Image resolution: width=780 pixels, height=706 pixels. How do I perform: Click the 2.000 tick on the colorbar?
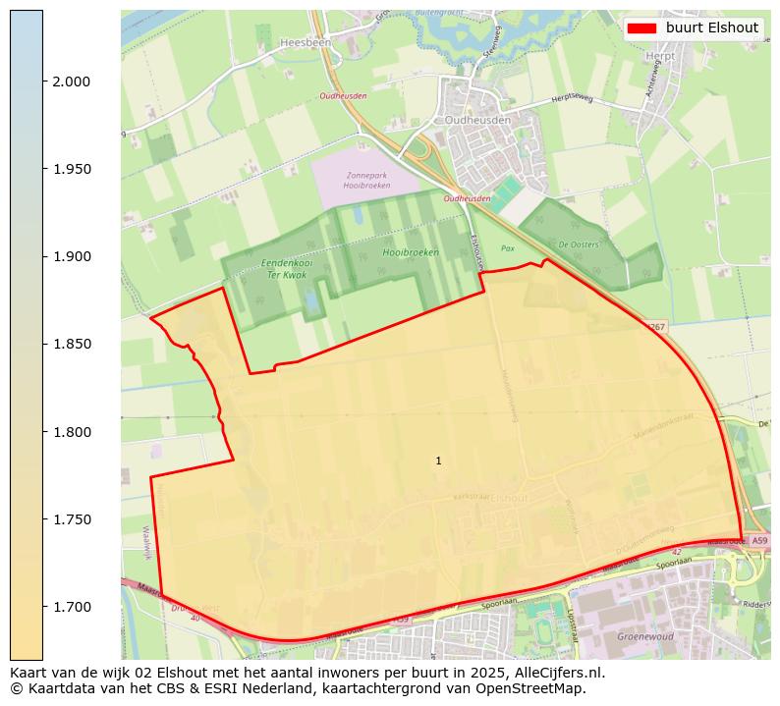(71, 81)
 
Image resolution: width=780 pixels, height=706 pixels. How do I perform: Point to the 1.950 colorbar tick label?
(71, 169)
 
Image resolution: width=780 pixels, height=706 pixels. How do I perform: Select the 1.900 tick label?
(71, 256)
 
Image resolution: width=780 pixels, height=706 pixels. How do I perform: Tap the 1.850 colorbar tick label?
(71, 344)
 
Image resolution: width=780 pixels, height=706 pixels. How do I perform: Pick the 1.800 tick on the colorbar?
(71, 432)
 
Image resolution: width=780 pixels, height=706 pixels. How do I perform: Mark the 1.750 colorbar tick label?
(71, 519)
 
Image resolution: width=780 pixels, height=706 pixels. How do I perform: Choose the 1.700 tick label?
(71, 607)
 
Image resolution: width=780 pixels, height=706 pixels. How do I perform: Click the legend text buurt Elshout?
(711, 27)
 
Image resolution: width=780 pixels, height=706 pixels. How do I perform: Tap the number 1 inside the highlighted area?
(438, 461)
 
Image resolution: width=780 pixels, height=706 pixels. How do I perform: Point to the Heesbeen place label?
(306, 43)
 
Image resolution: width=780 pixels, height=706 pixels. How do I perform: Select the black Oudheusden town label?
(477, 119)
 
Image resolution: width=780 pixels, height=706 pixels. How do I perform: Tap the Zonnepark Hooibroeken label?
(365, 179)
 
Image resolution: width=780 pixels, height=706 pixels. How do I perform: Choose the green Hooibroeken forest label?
(411, 252)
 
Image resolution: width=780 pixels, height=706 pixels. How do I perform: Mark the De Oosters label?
(578, 244)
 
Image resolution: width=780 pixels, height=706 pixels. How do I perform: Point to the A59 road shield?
(758, 541)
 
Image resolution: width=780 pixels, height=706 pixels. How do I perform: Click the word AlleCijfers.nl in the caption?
(555, 674)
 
